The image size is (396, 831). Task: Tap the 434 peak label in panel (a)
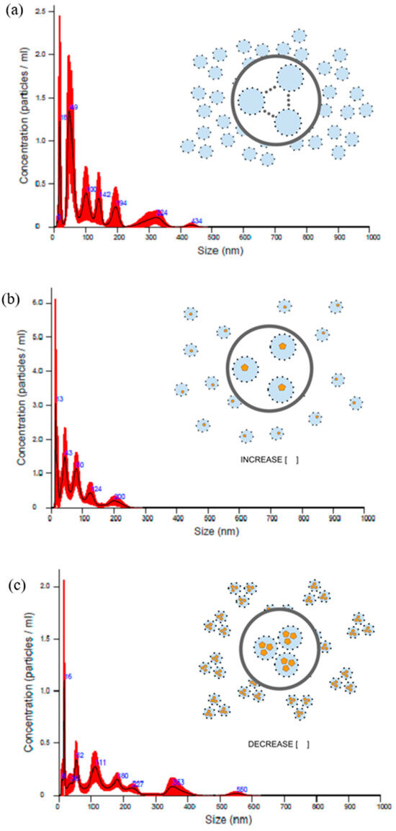pyautogui.click(x=197, y=220)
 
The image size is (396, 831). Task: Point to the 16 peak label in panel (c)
pyautogui.click(x=68, y=677)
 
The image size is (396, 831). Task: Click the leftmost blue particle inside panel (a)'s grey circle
pyautogui.click(x=252, y=100)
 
